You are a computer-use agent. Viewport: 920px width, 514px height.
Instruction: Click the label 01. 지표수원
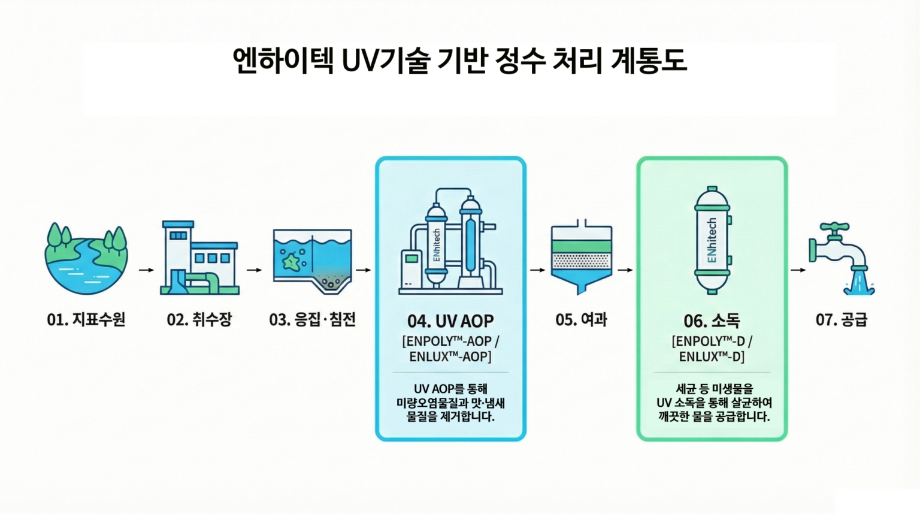pyautogui.click(x=86, y=320)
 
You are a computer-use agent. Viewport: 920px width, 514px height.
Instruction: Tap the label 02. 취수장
pyautogui.click(x=199, y=320)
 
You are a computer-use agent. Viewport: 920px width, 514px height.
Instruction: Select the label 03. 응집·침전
pyautogui.click(x=312, y=320)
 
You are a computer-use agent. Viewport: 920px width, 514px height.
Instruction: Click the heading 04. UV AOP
pyautogui.click(x=450, y=321)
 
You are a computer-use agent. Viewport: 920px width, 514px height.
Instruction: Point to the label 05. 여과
pyautogui.click(x=581, y=320)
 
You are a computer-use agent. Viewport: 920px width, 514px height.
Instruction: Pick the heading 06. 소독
pyautogui.click(x=712, y=321)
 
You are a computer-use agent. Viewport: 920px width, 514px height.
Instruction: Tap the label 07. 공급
pyautogui.click(x=841, y=320)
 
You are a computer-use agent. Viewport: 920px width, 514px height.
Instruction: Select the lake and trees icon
pyautogui.click(x=86, y=259)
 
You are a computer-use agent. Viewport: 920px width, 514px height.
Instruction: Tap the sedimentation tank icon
pyautogui.click(x=312, y=261)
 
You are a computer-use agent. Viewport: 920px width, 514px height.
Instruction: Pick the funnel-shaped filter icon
pyautogui.click(x=581, y=258)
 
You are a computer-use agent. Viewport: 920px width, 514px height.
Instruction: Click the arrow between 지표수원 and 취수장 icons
pyautogui.click(x=146, y=270)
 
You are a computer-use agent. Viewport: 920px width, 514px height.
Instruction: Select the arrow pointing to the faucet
pyautogui.click(x=798, y=270)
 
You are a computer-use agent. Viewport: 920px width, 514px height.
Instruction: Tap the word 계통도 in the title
pyautogui.click(x=648, y=61)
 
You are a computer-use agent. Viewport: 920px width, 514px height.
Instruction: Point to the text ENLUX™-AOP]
pyautogui.click(x=450, y=357)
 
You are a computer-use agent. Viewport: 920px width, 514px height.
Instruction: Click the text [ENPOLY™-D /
pyautogui.click(x=712, y=341)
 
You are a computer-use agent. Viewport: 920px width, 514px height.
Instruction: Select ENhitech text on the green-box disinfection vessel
pyautogui.click(x=712, y=240)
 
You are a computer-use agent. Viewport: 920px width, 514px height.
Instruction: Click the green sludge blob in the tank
pyautogui.click(x=291, y=261)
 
